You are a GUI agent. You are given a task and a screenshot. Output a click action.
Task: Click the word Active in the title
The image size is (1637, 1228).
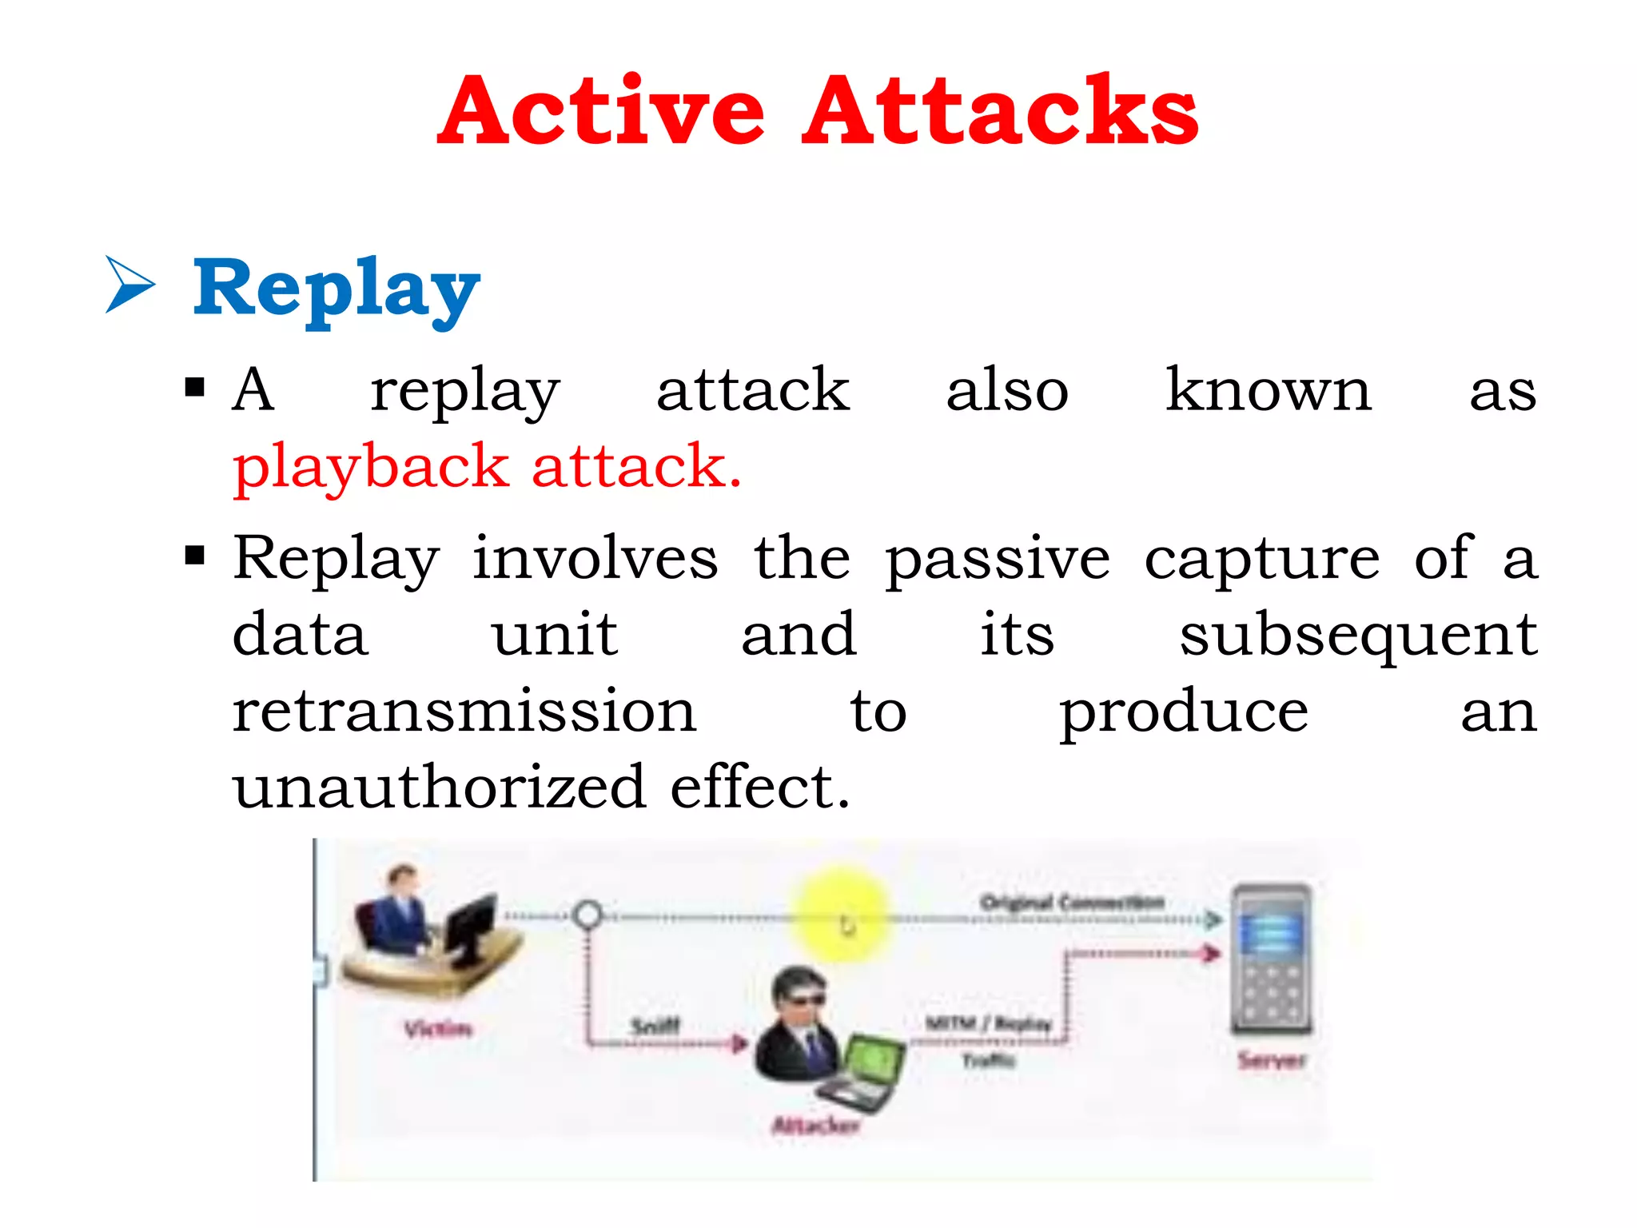point(601,112)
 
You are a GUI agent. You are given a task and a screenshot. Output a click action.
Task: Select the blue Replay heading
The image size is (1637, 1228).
point(336,288)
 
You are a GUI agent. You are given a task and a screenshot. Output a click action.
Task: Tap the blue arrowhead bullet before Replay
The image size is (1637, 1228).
point(129,284)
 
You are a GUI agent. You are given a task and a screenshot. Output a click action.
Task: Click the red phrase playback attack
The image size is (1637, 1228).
point(488,467)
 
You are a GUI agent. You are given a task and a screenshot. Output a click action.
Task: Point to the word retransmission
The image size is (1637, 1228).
point(464,712)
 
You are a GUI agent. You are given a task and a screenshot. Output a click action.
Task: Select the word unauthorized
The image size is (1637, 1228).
point(438,787)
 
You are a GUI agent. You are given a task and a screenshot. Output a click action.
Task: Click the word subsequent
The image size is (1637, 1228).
point(1357,636)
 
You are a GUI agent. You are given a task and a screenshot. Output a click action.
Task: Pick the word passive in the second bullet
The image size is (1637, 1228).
point(998,560)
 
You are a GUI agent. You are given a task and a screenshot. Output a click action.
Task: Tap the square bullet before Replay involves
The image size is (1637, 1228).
point(194,555)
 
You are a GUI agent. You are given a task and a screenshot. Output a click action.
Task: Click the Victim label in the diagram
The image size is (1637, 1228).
point(438,1028)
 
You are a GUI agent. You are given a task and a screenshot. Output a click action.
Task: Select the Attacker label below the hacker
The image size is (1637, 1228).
point(815,1126)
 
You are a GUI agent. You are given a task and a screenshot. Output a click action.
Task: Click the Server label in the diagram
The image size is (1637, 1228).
point(1271,1061)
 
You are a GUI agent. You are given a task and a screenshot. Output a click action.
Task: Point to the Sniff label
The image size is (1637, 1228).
point(655,1026)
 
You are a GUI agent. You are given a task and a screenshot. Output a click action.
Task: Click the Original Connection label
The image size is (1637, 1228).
point(1071,903)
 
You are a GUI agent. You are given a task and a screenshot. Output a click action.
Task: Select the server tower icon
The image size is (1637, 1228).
point(1271,959)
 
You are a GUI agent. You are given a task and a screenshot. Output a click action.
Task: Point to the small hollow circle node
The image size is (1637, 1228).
point(588,915)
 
